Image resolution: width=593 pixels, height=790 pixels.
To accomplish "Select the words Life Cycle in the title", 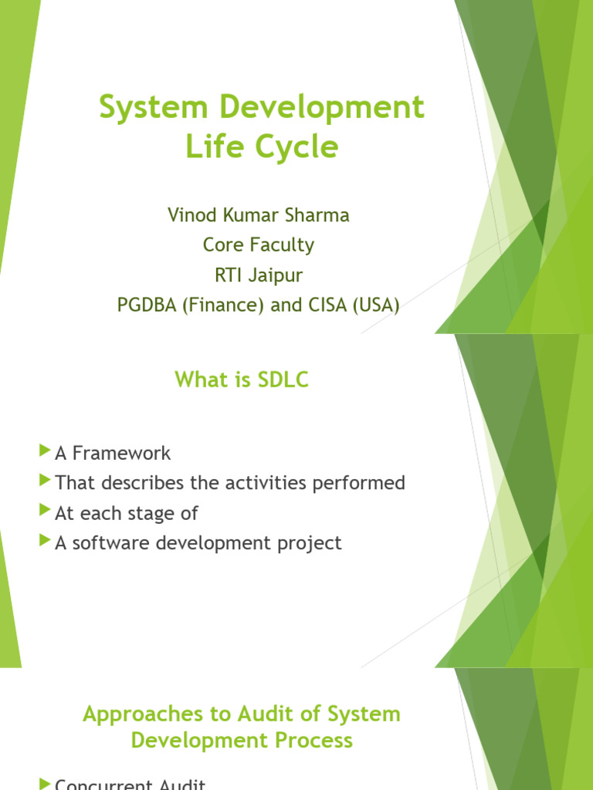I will click(x=262, y=146).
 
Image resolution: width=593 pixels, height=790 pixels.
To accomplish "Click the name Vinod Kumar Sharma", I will click(x=259, y=215).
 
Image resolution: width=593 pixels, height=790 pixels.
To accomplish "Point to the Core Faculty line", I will click(x=259, y=245).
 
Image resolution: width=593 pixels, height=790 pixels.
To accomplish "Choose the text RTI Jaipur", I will click(x=259, y=275).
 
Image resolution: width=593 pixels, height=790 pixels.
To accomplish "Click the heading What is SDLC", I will click(x=242, y=379).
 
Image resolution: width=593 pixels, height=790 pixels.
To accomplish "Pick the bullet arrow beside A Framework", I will click(x=44, y=451).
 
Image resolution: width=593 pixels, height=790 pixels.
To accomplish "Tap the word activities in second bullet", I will click(x=265, y=483).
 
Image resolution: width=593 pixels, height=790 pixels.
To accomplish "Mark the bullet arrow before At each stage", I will click(x=44, y=511).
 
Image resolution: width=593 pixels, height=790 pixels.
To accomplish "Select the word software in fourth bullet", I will click(x=109, y=543).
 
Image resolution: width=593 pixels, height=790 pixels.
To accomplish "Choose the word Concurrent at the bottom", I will click(x=104, y=784).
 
